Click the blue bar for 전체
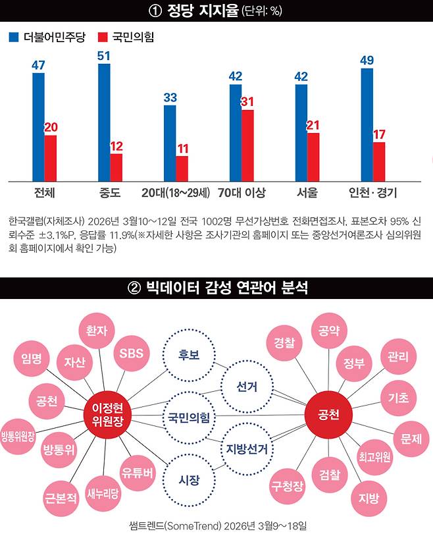click(39, 126)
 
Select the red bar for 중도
click(116, 167)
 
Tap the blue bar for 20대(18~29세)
click(170, 142)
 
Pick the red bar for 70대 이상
click(247, 145)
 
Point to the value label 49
click(367, 61)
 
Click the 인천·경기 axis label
click(372, 193)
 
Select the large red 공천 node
click(328, 416)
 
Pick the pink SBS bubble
click(132, 353)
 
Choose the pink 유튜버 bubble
click(138, 471)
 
